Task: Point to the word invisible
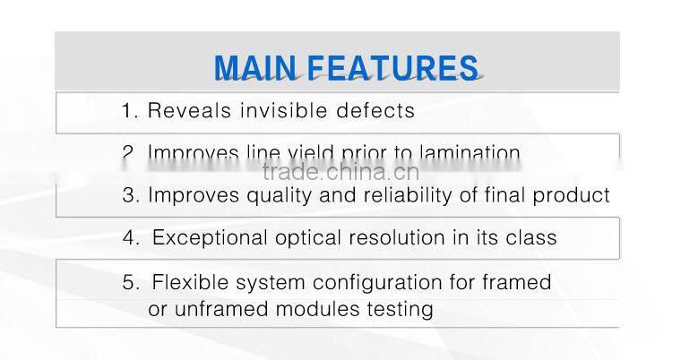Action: [277, 111]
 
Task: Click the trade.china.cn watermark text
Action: [340, 172]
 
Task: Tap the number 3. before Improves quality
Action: [131, 195]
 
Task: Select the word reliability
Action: [401, 195]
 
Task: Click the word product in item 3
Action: [573, 195]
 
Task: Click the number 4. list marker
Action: [131, 238]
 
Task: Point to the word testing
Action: [401, 310]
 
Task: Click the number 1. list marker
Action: [130, 111]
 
